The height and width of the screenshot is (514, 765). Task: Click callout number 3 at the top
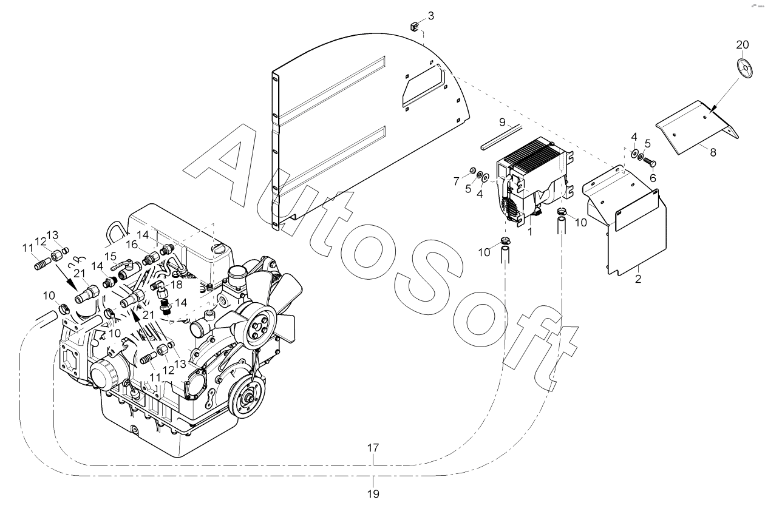pos(430,16)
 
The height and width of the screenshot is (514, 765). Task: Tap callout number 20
pos(743,45)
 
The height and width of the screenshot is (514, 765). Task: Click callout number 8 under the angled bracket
pos(713,152)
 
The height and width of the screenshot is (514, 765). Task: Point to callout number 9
pos(503,122)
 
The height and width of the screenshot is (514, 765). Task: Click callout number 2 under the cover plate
pos(638,279)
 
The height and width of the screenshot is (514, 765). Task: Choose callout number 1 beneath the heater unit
pos(530,231)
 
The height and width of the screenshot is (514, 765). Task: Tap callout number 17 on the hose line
pos(373,448)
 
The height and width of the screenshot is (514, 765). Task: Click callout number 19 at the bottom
pos(373,493)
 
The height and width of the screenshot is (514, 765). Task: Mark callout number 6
pos(653,178)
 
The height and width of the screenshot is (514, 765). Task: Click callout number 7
pos(457,180)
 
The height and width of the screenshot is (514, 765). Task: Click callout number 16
pos(132,245)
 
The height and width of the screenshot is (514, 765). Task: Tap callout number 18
pos(177,284)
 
